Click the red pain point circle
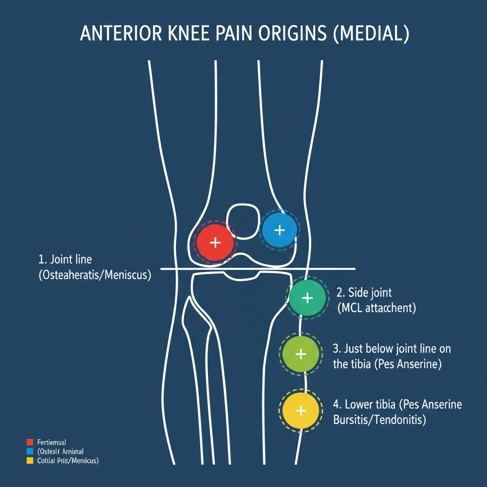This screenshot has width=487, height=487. point(215,242)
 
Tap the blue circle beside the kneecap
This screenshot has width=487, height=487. point(280,230)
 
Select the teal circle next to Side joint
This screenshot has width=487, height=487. point(307,298)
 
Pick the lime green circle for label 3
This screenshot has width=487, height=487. point(300,354)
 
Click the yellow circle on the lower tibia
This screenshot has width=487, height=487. point(300,410)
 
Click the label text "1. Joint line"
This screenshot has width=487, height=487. point(65,260)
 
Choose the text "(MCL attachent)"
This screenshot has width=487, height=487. point(376,308)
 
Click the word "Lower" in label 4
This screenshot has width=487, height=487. point(361,405)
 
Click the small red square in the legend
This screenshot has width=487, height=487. point(30,442)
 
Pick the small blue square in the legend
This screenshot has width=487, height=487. point(30,451)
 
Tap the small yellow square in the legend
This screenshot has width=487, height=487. point(30,460)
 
